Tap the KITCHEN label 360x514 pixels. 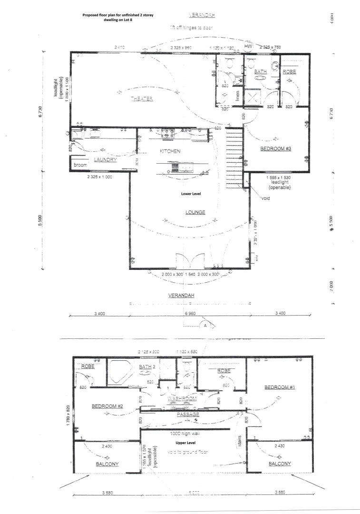[x=170, y=151]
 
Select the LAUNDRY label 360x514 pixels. [x=105, y=160]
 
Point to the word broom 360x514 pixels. [x=80, y=165]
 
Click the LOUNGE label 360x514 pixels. [x=195, y=212]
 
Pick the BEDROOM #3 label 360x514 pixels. [x=275, y=149]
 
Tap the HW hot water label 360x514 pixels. [x=248, y=47]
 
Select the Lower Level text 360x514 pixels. [x=193, y=194]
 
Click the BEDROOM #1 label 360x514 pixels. [x=280, y=387]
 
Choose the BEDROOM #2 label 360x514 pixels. [x=107, y=406]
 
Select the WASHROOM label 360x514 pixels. [x=182, y=398]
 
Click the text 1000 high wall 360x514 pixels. [x=187, y=434]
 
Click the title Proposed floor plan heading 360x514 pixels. [x=117, y=17]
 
